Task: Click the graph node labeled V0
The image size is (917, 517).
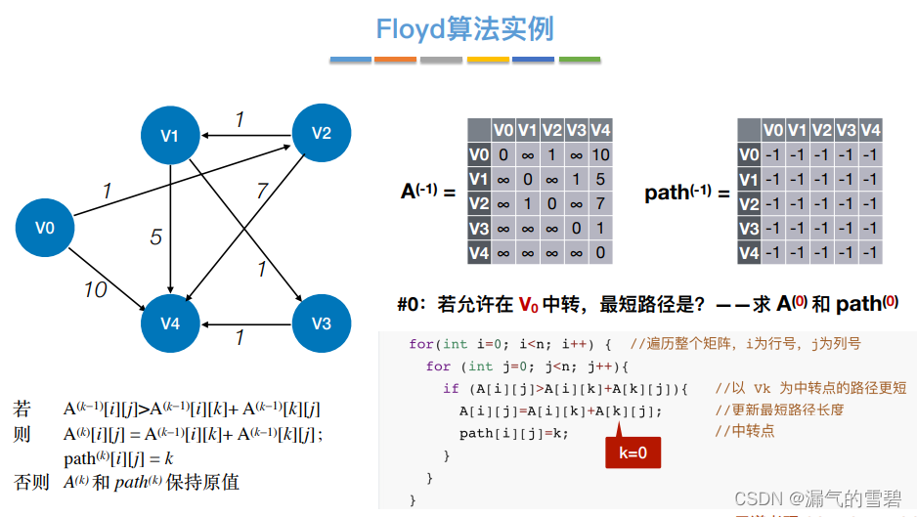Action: pyautogui.click(x=45, y=229)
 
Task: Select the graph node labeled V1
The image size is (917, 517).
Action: pyautogui.click(x=170, y=135)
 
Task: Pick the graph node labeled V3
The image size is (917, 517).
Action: pyautogui.click(x=322, y=323)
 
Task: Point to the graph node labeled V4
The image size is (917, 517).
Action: pyautogui.click(x=170, y=323)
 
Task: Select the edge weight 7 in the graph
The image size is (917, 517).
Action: pyautogui.click(x=261, y=191)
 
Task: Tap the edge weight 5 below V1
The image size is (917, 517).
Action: pyautogui.click(x=155, y=237)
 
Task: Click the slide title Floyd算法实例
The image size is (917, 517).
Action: pyautogui.click(x=464, y=28)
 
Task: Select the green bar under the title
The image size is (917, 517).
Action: pyautogui.click(x=579, y=60)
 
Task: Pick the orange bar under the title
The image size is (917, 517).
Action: pyautogui.click(x=395, y=60)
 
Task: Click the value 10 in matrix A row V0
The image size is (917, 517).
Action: pyautogui.click(x=601, y=154)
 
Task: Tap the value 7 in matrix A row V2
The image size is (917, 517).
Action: pyautogui.click(x=601, y=203)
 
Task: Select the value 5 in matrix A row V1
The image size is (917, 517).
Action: pyautogui.click(x=601, y=179)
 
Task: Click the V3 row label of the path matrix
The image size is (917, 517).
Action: pyautogui.click(x=749, y=229)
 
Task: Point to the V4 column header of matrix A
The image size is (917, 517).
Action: pyautogui.click(x=601, y=130)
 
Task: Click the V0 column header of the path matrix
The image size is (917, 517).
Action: pyautogui.click(x=773, y=130)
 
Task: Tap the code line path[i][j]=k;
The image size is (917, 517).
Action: pyautogui.click(x=513, y=433)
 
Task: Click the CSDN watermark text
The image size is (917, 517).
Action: pyautogui.click(x=816, y=499)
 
